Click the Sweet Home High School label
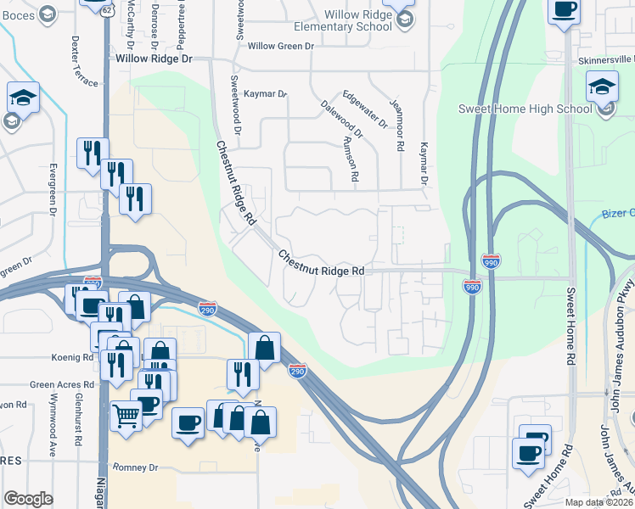(525, 109)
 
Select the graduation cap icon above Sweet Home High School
(602, 87)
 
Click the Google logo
(28, 499)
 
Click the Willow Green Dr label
(279, 46)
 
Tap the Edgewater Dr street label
(364, 109)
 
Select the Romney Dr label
(136, 467)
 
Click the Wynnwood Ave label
(52, 420)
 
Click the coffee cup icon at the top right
(564, 11)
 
